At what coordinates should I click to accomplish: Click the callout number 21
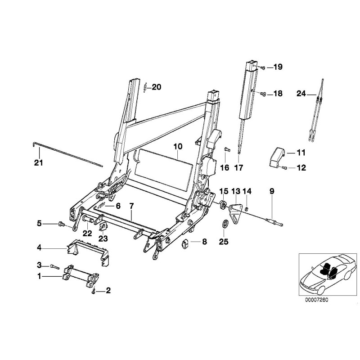(38, 163)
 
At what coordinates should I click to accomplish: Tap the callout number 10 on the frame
(177, 146)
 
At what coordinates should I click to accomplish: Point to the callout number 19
(277, 67)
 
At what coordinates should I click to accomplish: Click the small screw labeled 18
(264, 94)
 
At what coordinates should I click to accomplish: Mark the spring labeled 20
(146, 87)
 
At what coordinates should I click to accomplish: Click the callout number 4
(39, 247)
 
